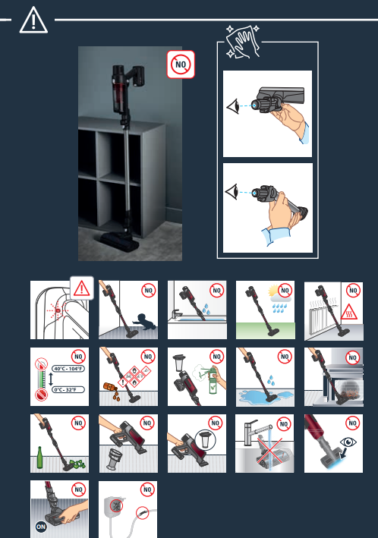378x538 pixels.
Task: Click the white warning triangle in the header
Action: pos(33,20)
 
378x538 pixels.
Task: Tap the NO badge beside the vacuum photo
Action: pos(181,64)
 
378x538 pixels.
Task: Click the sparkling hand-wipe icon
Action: pos(244,41)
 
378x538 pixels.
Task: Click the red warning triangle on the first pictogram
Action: pos(82,288)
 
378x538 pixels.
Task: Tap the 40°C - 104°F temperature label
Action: pos(68,369)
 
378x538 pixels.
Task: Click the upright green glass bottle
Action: pos(39,458)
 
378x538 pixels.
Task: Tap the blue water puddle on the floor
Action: pos(265,398)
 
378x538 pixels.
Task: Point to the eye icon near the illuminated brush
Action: pos(348,442)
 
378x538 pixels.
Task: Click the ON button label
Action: pos(40,527)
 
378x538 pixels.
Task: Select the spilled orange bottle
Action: pos(111,388)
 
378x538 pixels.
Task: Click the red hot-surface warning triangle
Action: pos(349,312)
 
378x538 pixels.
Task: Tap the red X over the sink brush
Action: pos(270,454)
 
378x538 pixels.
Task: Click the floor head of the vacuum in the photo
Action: pos(118,242)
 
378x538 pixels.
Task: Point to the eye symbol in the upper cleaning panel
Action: pos(233,106)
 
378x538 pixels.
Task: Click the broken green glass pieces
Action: pos(77,464)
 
